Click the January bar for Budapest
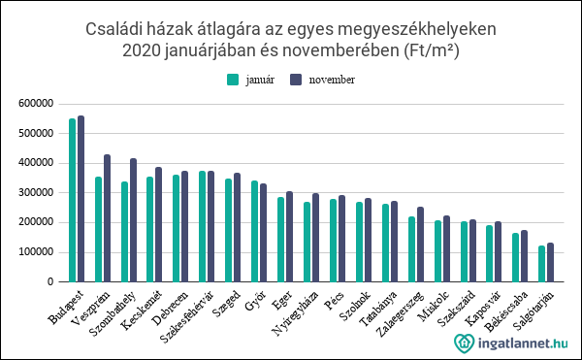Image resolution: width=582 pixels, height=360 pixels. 72,200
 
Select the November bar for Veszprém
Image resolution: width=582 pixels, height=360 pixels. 108,218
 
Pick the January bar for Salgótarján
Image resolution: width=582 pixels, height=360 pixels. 541,264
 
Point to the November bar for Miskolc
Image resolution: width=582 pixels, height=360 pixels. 447,248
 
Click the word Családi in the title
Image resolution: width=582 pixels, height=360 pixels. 117,29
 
